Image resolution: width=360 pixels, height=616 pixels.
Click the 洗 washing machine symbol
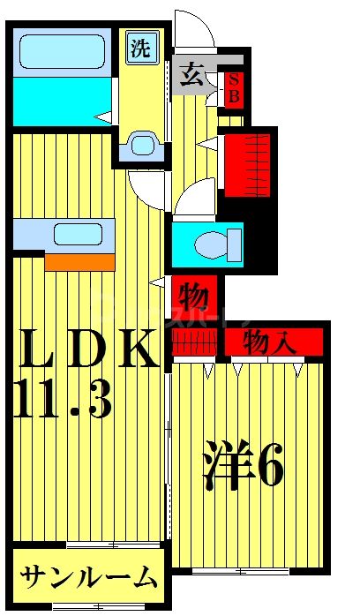140,49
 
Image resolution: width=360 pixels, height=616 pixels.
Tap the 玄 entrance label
192,75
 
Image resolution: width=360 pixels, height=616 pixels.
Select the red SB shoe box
234,87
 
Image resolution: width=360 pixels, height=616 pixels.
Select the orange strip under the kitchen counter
79,261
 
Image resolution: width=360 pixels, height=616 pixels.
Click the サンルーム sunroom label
88,578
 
